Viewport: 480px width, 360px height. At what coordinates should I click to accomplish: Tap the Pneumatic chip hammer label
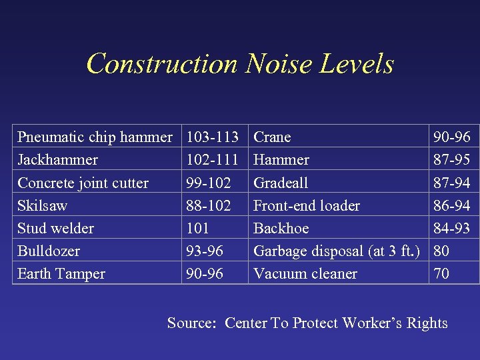coord(95,137)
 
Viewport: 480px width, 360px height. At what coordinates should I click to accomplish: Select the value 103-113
coord(213,137)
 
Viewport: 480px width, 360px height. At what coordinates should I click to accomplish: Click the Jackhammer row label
coord(57,160)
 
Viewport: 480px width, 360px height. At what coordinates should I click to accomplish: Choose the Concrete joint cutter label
coord(83,183)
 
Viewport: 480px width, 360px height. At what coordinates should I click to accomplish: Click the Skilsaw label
coord(42,205)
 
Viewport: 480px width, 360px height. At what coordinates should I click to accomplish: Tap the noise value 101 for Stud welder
coord(198,228)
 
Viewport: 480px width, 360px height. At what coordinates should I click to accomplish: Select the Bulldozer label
coord(49,251)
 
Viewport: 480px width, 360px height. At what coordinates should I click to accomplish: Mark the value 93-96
coord(205,251)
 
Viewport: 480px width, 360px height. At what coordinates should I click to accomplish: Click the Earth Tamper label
coord(61,273)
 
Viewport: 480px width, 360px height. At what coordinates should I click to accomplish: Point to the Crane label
coord(272,137)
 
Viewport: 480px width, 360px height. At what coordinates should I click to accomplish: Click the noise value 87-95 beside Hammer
coord(452,160)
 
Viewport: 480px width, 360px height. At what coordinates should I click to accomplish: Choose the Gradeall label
coord(281,183)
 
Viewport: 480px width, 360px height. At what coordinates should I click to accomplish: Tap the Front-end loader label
coord(307,205)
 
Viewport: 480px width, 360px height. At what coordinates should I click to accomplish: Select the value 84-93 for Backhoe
coord(452,228)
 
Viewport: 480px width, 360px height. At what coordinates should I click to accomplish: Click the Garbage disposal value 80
coord(441,251)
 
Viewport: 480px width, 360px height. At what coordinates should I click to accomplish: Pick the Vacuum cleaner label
coord(305,273)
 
